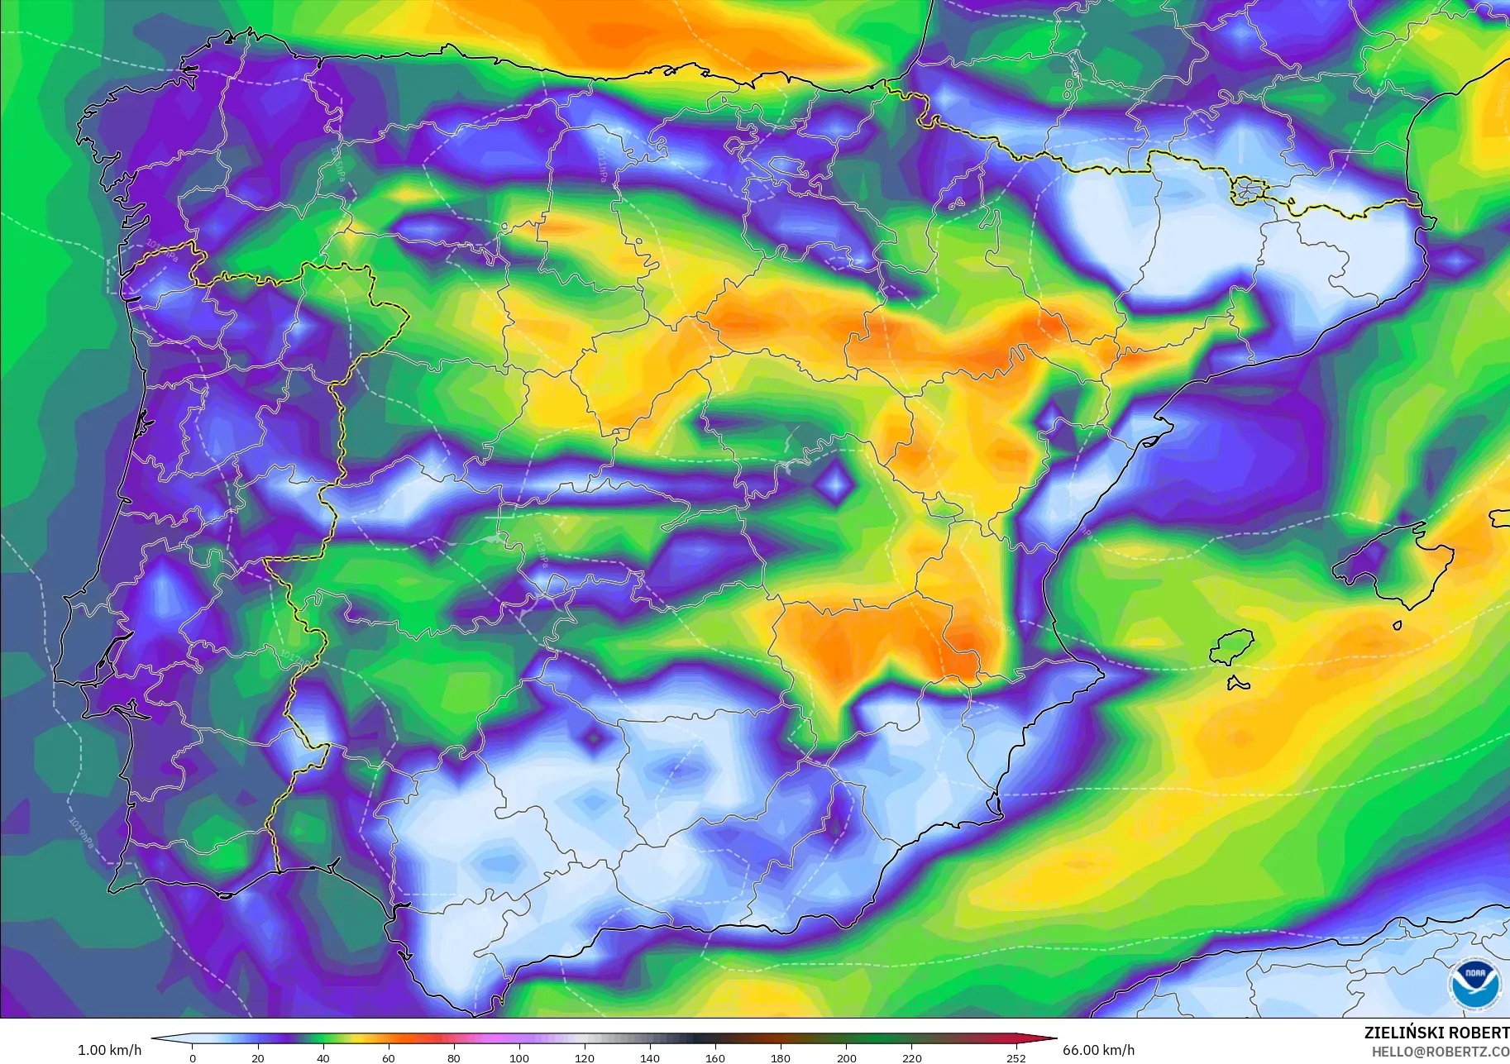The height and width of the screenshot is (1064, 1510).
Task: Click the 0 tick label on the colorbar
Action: tap(193, 1057)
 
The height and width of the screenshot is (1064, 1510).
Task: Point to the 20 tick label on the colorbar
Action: tap(258, 1057)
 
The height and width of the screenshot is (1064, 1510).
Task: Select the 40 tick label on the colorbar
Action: tap(323, 1057)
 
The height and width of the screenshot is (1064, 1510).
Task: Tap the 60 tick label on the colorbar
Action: tap(389, 1057)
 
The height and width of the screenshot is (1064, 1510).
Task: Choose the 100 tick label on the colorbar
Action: tap(519, 1057)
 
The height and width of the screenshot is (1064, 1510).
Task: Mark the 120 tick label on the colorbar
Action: tap(585, 1057)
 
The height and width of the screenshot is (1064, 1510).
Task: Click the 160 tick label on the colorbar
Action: tap(715, 1057)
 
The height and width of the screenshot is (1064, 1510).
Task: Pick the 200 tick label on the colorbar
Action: tap(846, 1057)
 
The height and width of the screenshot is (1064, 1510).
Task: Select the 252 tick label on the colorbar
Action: tap(1016, 1057)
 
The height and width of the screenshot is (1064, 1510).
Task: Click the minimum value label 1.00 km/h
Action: tap(109, 1050)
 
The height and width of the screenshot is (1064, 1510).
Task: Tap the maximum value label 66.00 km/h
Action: tap(1098, 1050)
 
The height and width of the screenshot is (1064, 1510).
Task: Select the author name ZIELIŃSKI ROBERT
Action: tap(1436, 1033)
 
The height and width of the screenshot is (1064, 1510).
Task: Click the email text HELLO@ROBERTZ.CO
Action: tap(1440, 1052)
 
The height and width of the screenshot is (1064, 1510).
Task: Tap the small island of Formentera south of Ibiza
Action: tap(1237, 684)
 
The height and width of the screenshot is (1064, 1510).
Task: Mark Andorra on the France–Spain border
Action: tap(1247, 191)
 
